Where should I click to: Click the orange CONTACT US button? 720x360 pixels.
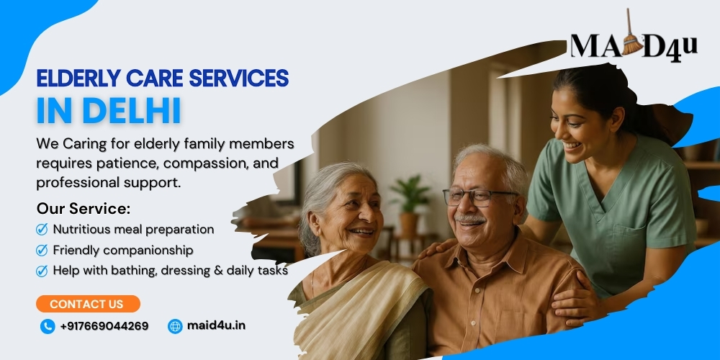[88, 304]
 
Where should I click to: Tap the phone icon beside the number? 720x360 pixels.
[48, 326]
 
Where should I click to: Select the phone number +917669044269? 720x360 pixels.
[104, 326]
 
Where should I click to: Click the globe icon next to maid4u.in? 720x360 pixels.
[175, 326]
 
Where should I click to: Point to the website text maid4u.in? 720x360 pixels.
[216, 325]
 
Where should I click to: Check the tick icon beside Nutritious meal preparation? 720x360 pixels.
[42, 229]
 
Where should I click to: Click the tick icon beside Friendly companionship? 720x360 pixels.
[42, 251]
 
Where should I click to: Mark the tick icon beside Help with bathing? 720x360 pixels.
[42, 271]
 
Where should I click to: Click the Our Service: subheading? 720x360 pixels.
[84, 209]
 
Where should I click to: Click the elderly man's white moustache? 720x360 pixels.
[469, 220]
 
